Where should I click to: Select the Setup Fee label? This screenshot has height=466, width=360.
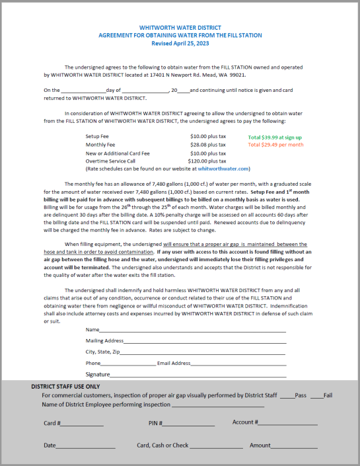pyautogui.click(x=97, y=136)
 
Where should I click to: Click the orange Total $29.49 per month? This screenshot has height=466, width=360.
pyautogui.click(x=275, y=144)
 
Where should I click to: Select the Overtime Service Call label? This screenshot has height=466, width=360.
pyautogui.click(x=110, y=161)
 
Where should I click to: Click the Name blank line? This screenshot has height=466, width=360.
pyautogui.click(x=192, y=330)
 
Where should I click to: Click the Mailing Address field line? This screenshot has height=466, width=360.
pyautogui.click(x=205, y=342)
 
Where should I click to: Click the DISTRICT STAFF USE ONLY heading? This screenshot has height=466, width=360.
pyautogui.click(x=65, y=386)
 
